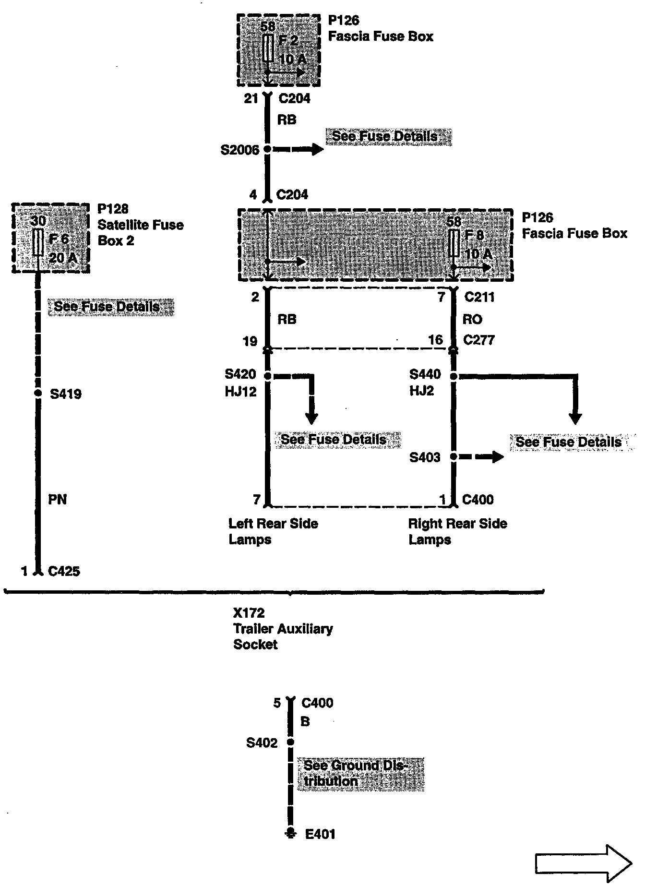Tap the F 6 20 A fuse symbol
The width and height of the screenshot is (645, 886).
38,242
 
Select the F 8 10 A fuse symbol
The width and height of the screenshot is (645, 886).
454,243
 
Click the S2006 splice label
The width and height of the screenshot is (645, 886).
240,150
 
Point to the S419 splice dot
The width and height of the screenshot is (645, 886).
38,394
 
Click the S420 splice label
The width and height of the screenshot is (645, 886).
240,374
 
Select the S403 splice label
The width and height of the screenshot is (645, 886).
425,457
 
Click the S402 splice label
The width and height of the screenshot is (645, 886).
262,743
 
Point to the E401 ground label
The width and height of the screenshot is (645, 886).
321,834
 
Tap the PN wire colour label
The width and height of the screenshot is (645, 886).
58,500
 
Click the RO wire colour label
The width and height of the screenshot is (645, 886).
473,320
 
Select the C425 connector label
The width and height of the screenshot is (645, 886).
64,571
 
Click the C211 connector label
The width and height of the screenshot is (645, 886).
479,298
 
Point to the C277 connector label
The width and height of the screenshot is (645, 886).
479,340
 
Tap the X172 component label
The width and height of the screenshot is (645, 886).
249,613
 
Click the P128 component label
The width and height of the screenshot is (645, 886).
113,209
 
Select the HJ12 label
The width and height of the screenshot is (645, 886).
240,392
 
